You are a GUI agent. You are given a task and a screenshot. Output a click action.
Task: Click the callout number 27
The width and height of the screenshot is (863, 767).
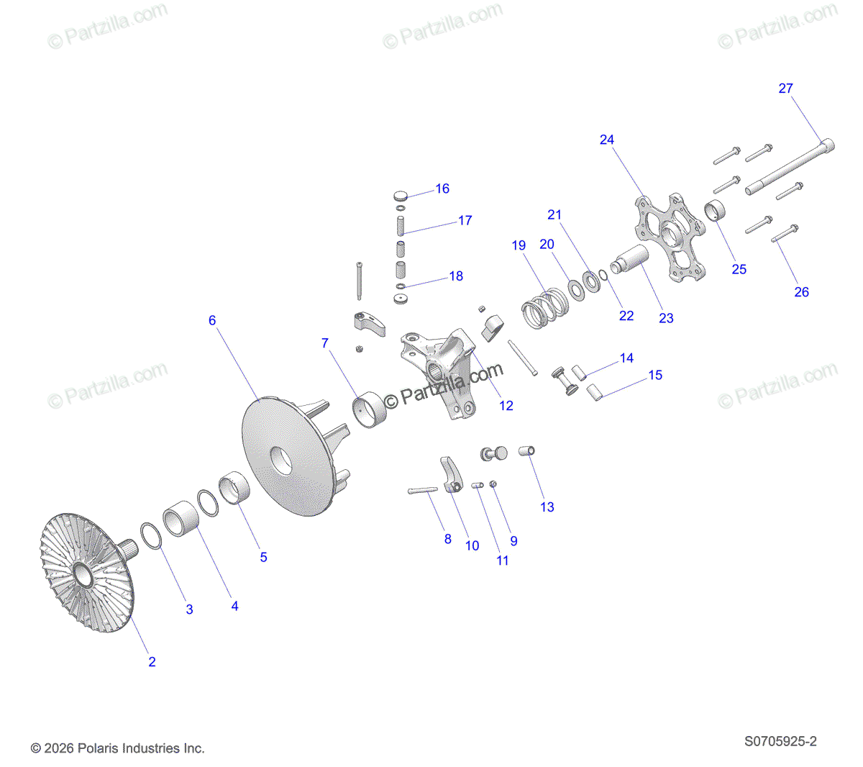coord(785,88)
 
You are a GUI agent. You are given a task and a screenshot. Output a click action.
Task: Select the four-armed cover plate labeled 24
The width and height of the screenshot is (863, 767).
coord(669,237)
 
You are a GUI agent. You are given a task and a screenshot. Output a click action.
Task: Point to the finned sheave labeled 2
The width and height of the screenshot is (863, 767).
coord(87,572)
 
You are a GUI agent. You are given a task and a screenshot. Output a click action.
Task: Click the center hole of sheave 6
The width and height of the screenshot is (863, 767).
coord(280,460)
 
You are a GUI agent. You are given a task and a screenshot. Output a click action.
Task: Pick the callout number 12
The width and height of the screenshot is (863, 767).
coord(506,405)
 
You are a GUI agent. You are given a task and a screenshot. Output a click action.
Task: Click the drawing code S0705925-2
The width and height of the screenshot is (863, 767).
coord(780,742)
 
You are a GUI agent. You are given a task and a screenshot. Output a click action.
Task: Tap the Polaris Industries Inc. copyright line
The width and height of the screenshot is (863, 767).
coord(117,748)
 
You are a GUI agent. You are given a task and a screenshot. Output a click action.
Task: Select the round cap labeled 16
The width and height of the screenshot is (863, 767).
coord(401,196)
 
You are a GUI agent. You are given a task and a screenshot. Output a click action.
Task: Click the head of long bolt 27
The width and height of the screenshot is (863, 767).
coord(827,145)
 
